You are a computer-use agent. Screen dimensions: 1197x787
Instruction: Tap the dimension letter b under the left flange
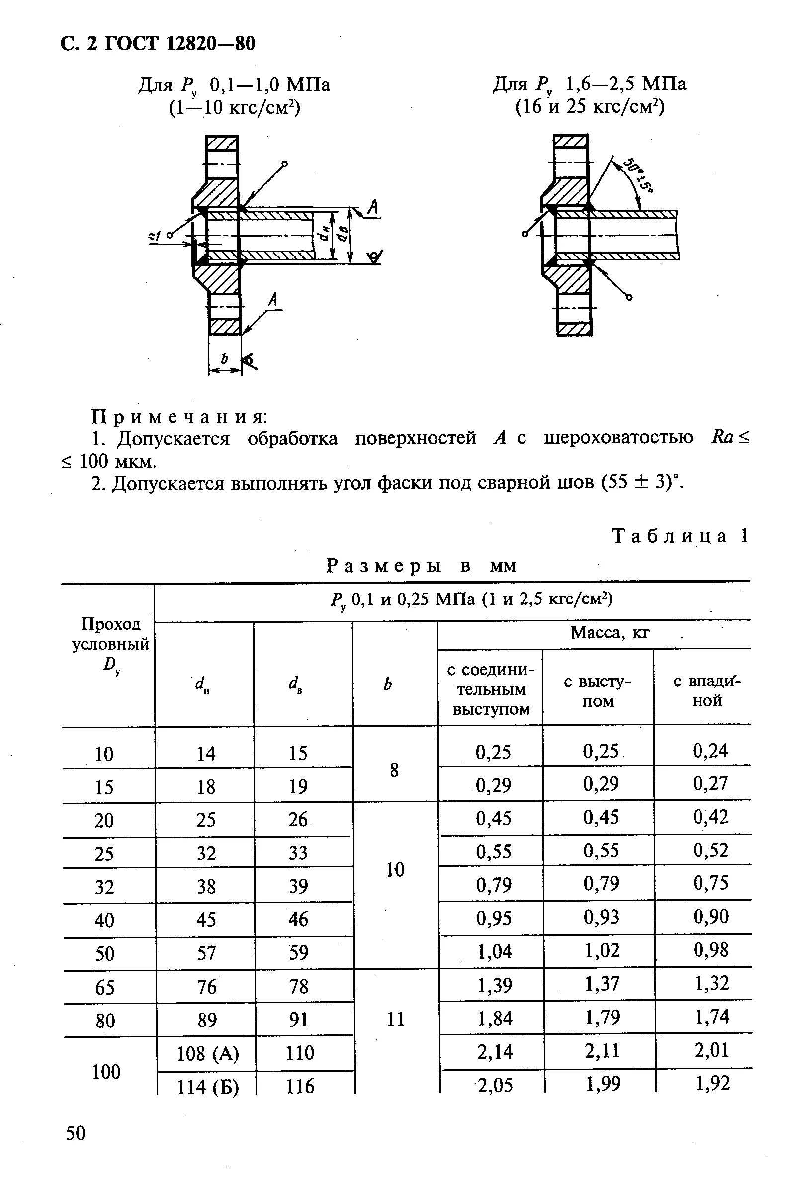(x=225, y=359)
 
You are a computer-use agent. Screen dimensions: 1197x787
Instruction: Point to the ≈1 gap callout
(x=155, y=235)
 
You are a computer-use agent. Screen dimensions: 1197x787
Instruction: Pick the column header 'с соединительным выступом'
(x=491, y=689)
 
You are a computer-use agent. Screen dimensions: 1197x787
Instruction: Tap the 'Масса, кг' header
(x=610, y=633)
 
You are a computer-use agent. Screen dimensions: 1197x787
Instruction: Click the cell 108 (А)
(x=208, y=1053)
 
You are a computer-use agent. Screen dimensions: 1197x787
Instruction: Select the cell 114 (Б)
(x=208, y=1087)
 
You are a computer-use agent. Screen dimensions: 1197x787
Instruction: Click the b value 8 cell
(x=395, y=770)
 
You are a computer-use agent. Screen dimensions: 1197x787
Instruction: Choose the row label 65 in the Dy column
(x=104, y=987)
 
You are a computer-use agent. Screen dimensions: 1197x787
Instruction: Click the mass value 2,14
(x=495, y=1052)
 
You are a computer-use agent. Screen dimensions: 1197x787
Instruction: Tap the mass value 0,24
(x=710, y=751)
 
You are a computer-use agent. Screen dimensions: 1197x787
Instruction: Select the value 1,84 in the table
(x=495, y=1019)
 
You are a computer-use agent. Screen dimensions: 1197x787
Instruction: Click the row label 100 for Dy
(x=106, y=1071)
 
